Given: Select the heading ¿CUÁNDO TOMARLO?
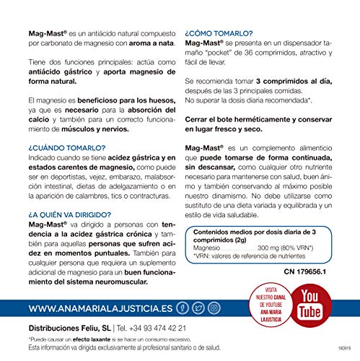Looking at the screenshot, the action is click(x=44, y=146).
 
